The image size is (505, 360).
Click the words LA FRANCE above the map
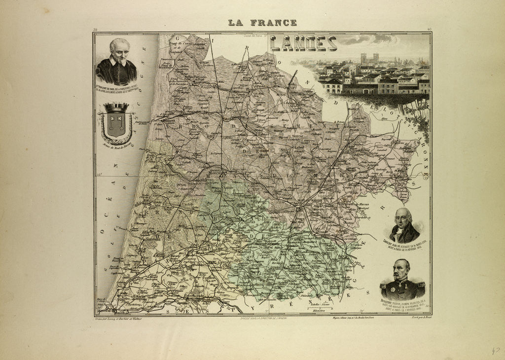point(262,22)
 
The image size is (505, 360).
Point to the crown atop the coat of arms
point(116,107)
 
